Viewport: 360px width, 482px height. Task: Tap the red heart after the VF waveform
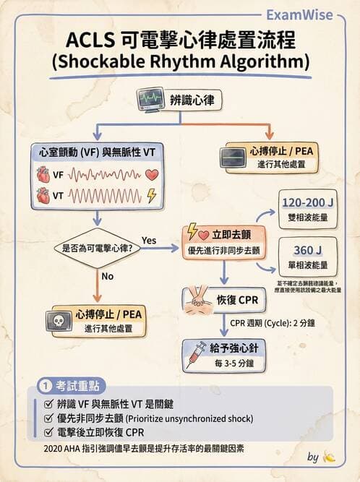(x=151, y=175)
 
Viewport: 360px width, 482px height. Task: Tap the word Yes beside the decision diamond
(x=149, y=239)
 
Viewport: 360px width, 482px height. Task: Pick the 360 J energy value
(x=307, y=249)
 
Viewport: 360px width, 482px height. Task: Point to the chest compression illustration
(x=201, y=299)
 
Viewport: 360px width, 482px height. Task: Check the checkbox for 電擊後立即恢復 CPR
(x=48, y=432)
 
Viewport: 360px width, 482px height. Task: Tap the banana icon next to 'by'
(x=330, y=457)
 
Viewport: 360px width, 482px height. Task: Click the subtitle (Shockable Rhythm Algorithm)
(x=180, y=60)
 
